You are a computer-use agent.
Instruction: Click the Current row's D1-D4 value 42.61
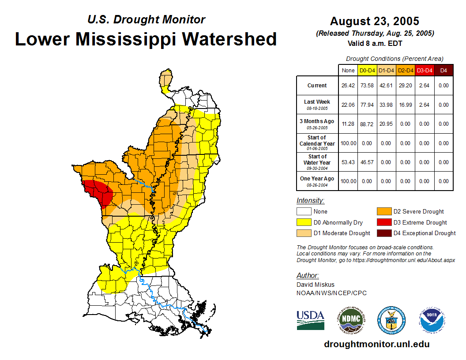pyautogui.click(x=386, y=86)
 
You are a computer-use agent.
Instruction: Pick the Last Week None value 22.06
pyautogui.click(x=348, y=105)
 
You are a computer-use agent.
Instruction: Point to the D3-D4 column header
pyautogui.click(x=424, y=70)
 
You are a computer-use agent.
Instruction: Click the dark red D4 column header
pyautogui.click(x=443, y=70)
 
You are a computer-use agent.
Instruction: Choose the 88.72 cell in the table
pyautogui.click(x=367, y=124)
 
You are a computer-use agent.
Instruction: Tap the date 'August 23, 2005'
pyautogui.click(x=374, y=21)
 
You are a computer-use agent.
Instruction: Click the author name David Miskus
pyautogui.click(x=316, y=285)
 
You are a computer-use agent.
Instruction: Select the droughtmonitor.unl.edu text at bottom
pyautogui.click(x=376, y=344)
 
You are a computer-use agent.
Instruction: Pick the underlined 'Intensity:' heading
pyautogui.click(x=311, y=201)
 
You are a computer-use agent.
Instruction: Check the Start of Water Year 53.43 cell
pyautogui.click(x=348, y=162)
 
